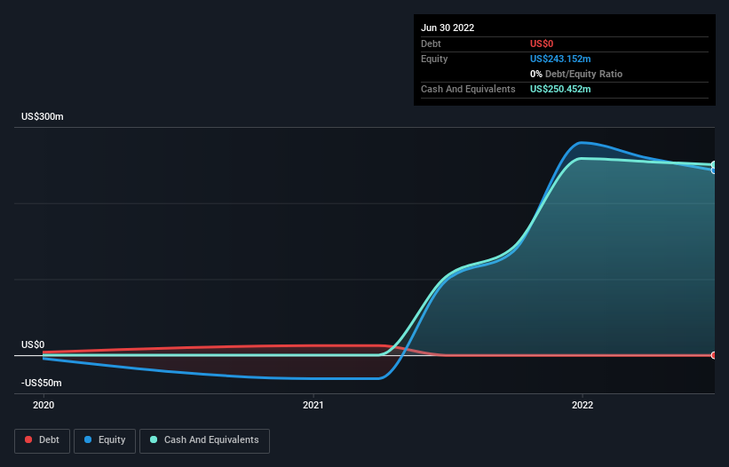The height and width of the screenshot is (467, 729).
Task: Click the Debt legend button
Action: click(x=41, y=439)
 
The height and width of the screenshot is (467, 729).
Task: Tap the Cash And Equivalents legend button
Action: click(x=204, y=439)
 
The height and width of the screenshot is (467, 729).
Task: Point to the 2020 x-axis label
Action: click(x=44, y=405)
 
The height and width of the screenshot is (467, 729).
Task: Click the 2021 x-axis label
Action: click(x=313, y=405)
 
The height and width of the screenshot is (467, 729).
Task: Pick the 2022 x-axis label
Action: click(x=582, y=405)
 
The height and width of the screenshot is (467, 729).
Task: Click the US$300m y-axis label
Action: click(x=43, y=117)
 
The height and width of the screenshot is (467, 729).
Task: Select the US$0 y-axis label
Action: click(x=33, y=344)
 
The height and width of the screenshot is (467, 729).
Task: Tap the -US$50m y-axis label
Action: click(x=42, y=383)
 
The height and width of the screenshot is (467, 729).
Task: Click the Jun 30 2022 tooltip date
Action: click(x=448, y=28)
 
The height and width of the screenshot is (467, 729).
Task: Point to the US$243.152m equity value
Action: click(x=560, y=59)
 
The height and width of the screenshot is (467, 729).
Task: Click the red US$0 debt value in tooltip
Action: click(x=543, y=44)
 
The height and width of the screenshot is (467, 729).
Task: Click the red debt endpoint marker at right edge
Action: click(x=714, y=355)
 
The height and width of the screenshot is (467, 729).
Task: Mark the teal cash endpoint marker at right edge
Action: click(x=714, y=165)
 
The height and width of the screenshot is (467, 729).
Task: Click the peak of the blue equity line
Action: click(x=582, y=142)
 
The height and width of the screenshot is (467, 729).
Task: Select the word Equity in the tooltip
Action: click(x=434, y=59)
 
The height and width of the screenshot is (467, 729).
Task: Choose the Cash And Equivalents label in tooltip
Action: click(x=468, y=89)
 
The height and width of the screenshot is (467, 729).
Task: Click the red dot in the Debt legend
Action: click(x=28, y=439)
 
